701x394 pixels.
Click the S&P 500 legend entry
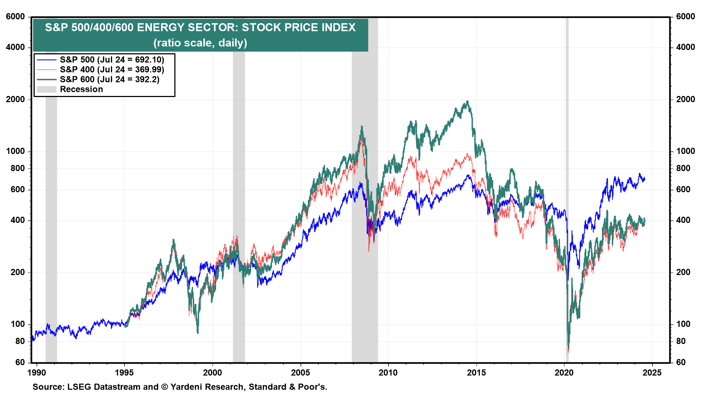(112, 60)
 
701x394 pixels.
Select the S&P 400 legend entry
(112, 70)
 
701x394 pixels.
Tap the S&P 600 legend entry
(110, 80)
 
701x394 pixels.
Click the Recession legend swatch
(46, 89)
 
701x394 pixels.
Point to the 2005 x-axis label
(300, 372)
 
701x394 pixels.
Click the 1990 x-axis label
(37, 372)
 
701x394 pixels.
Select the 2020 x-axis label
(564, 372)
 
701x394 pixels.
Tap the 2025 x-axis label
(652, 372)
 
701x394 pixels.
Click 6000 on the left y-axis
(15, 17)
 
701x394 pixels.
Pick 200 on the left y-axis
(18, 272)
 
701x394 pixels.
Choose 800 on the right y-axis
(683, 168)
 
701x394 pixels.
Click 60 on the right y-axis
(681, 362)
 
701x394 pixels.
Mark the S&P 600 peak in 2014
(467, 102)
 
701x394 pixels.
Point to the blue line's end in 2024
(645, 178)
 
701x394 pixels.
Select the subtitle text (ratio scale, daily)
(200, 43)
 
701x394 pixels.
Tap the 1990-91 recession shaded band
(51, 219)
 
